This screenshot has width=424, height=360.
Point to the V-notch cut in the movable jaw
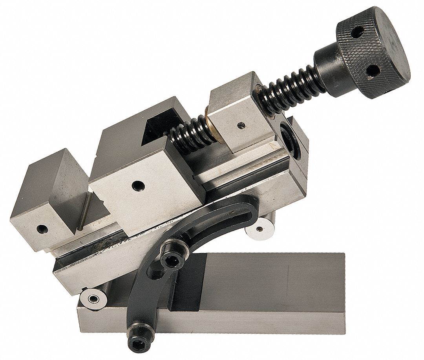(157, 125)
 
